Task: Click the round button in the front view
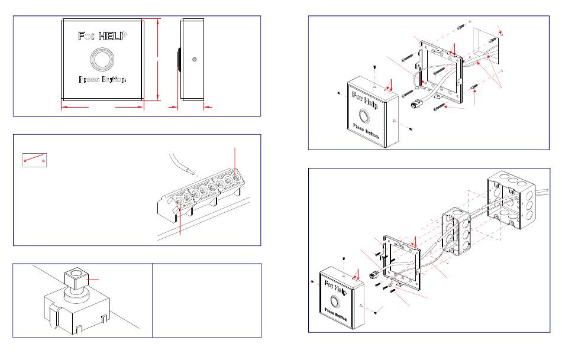tap(102, 59)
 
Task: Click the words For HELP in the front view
tap(102, 36)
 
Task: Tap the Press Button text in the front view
tap(102, 80)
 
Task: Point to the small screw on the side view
tap(194, 60)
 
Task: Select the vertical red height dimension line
tap(158, 59)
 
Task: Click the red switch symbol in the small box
tap(34, 159)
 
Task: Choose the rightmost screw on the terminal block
tap(235, 176)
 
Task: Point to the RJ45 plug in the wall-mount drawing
tap(415, 104)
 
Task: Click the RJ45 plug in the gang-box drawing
tap(373, 274)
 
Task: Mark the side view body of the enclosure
tap(192, 59)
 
